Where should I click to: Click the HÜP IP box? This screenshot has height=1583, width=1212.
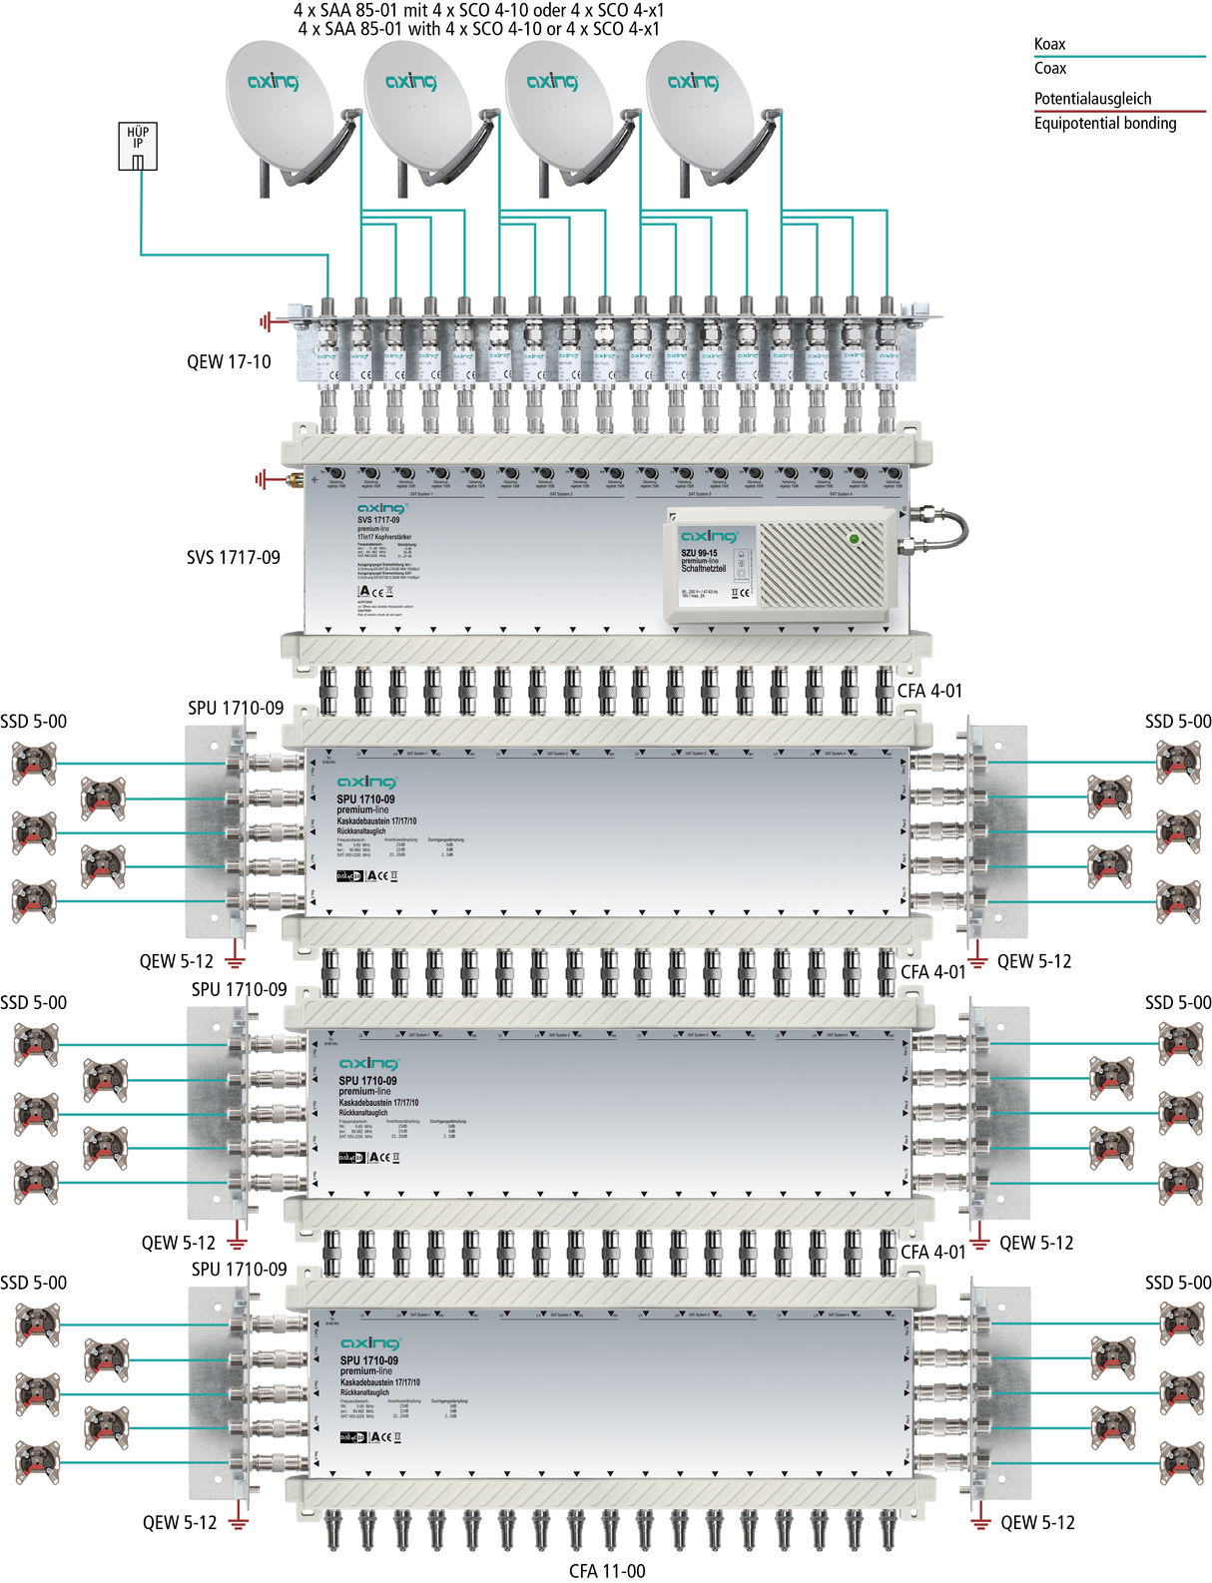(138, 146)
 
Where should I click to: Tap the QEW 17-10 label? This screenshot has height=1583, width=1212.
(229, 361)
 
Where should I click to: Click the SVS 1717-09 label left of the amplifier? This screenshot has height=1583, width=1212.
(234, 557)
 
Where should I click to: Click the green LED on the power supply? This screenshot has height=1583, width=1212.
(854, 539)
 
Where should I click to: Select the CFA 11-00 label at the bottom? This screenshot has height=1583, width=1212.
(607, 1571)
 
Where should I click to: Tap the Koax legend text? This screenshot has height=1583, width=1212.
(1049, 44)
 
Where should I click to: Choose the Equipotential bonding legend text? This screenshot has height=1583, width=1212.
(1104, 123)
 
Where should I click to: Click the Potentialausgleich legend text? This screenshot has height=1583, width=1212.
(1092, 98)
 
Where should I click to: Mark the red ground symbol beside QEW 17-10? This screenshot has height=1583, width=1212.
(266, 321)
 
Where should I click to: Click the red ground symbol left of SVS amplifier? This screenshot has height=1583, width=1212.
(262, 479)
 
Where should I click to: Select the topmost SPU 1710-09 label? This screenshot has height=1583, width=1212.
(236, 708)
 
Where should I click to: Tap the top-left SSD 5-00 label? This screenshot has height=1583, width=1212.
(34, 721)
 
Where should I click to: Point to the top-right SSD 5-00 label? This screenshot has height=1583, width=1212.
(1178, 721)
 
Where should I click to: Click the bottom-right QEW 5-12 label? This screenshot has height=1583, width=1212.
(1037, 1522)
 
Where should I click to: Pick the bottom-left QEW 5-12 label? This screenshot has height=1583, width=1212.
(180, 1522)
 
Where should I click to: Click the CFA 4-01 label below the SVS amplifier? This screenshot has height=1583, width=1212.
(929, 690)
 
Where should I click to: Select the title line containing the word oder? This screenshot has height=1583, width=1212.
(478, 10)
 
